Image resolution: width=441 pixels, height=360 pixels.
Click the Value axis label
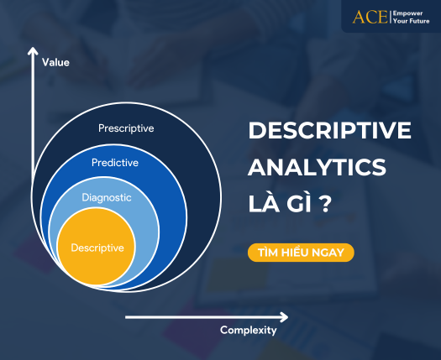tap(55, 62)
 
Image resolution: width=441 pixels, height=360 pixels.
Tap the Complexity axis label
tap(249, 331)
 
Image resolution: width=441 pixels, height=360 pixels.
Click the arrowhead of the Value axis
tap(33, 51)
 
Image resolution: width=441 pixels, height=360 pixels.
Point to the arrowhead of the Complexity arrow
tap(284, 317)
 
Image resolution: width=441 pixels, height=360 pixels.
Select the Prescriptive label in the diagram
tap(126, 128)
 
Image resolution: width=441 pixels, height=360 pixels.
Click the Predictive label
tap(115, 163)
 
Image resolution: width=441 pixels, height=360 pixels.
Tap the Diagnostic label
tap(107, 197)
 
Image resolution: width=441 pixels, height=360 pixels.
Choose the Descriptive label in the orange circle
tap(97, 248)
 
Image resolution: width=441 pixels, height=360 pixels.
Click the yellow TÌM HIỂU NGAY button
tap(301, 253)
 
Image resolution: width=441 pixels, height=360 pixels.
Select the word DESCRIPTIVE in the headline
tap(329, 130)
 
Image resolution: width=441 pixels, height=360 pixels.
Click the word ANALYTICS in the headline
tap(317, 167)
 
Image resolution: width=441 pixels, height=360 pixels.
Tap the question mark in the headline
tap(326, 204)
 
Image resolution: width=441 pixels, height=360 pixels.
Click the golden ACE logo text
tap(370, 17)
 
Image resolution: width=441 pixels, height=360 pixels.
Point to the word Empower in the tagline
tap(407, 13)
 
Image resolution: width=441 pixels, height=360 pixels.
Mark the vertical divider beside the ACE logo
tap(391, 17)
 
